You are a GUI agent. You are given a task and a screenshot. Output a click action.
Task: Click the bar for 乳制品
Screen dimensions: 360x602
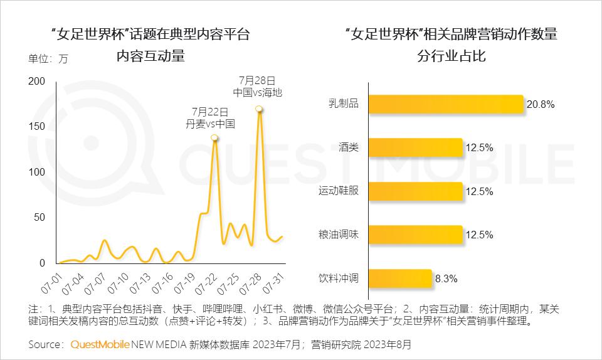click(445, 104)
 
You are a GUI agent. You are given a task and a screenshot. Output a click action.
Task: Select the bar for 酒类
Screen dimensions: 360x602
click(415, 148)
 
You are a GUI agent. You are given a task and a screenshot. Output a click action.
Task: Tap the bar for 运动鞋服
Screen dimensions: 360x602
click(415, 191)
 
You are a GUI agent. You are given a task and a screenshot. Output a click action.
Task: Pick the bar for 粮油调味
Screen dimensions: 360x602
click(415, 235)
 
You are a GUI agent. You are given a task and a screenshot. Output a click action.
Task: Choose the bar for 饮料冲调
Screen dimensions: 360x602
click(400, 278)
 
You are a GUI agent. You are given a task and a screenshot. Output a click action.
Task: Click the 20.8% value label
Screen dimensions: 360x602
click(541, 105)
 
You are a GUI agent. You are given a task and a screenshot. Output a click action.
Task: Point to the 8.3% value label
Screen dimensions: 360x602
click(446, 278)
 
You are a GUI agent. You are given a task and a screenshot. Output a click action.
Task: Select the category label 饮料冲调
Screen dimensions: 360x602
click(339, 278)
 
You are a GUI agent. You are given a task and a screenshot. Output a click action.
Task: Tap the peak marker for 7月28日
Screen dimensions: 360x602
click(259, 109)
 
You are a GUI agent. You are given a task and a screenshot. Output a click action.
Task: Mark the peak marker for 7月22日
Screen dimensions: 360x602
click(214, 137)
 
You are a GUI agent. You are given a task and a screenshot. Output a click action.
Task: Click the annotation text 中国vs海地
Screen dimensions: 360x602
click(258, 92)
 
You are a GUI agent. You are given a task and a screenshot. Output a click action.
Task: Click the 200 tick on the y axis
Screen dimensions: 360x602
click(37, 82)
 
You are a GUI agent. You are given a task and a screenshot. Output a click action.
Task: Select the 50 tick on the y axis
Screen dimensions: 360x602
click(40, 218)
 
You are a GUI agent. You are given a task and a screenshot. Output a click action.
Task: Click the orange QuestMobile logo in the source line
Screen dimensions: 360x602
click(100, 344)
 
